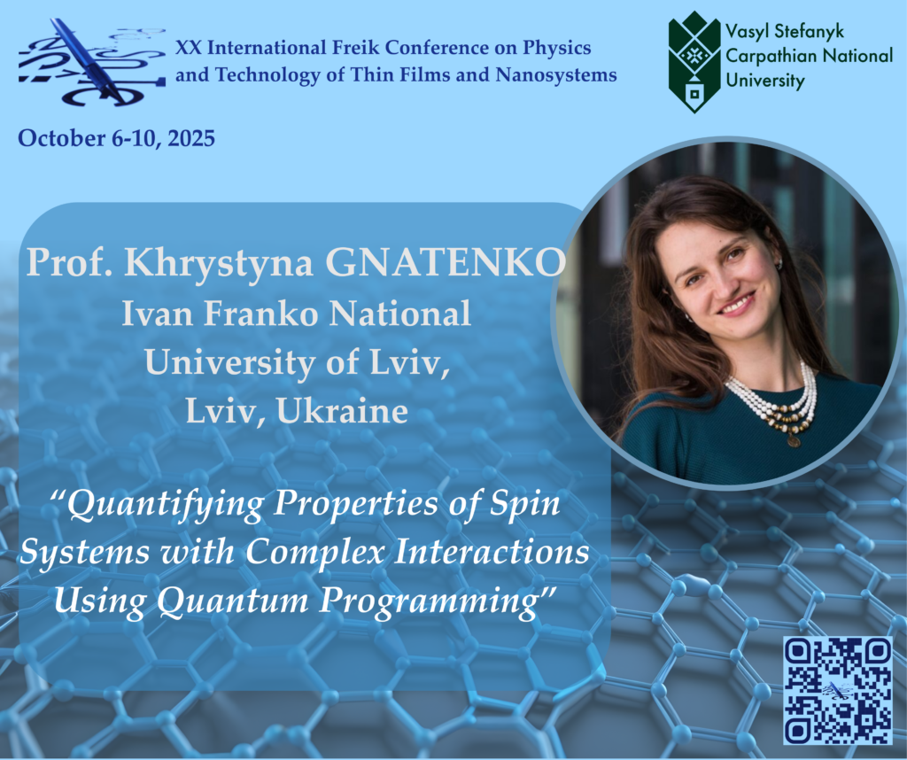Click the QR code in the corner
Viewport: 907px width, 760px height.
838,690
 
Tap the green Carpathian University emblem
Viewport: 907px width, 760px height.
694,62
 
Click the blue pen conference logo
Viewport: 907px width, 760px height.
92,63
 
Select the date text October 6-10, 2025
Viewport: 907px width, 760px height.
116,138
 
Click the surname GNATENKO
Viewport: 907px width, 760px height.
446,262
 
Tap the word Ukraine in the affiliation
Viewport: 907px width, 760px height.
342,411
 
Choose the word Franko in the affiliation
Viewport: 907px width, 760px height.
260,314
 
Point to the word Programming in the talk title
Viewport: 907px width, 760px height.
432,601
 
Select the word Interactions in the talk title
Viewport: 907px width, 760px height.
492,552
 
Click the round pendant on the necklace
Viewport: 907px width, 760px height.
794,441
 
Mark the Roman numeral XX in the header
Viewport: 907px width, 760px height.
189,48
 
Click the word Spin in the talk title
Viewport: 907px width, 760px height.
525,504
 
